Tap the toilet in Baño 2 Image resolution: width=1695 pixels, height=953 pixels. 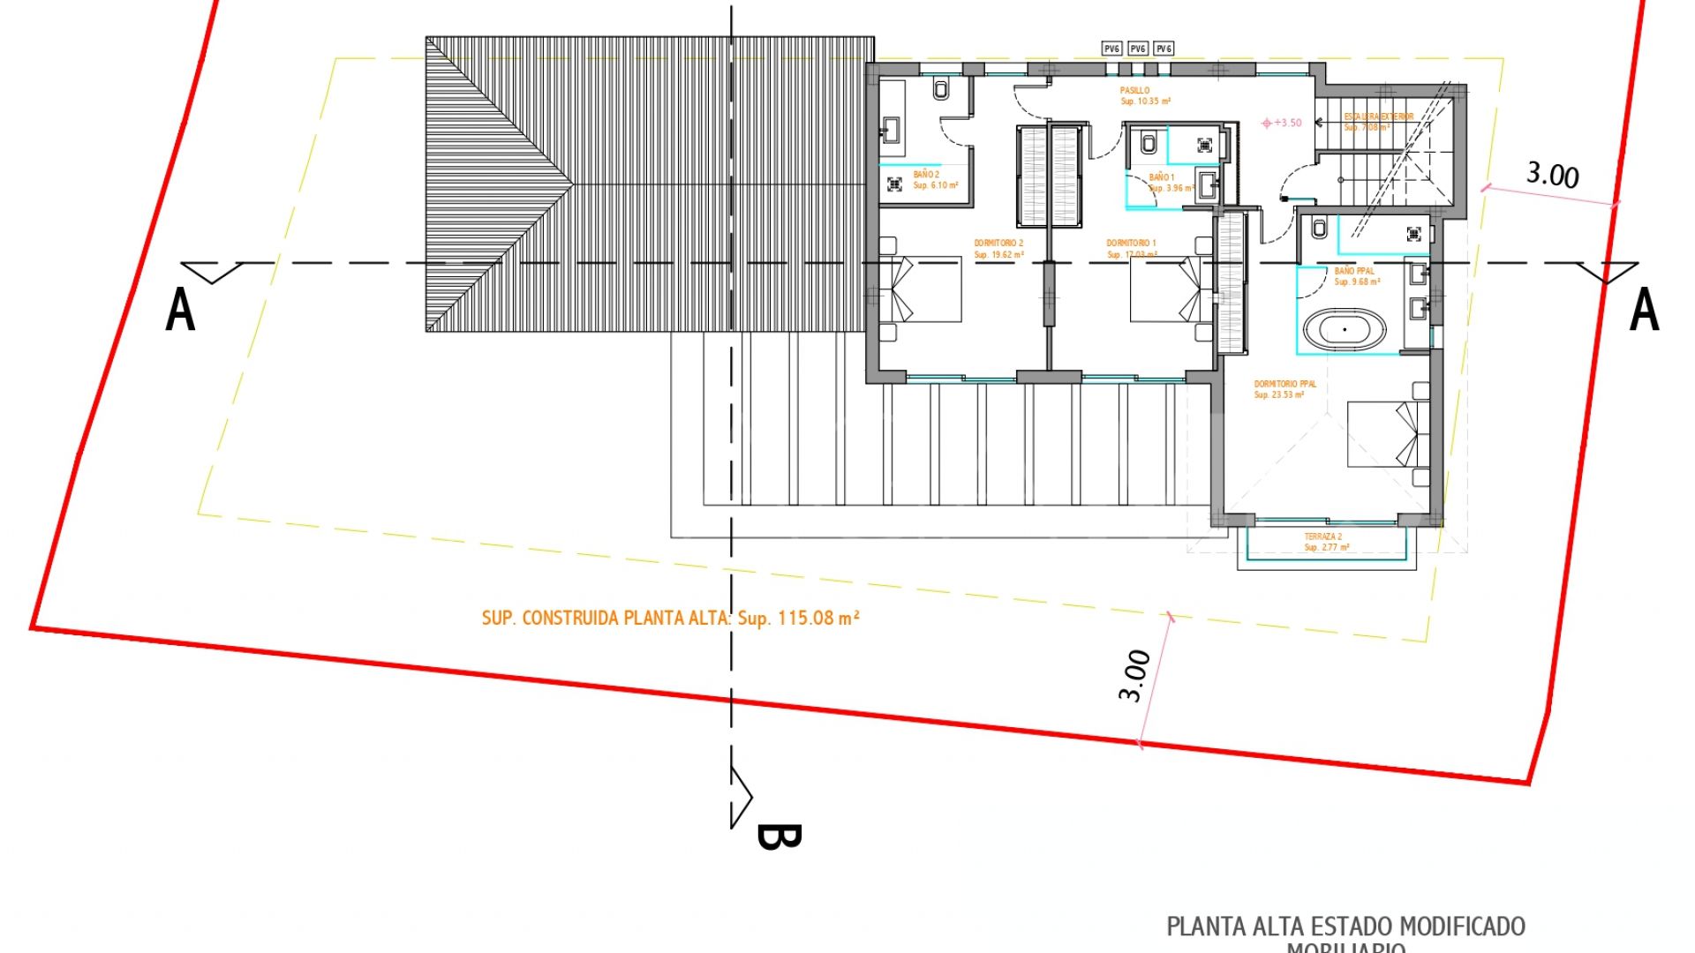click(x=941, y=89)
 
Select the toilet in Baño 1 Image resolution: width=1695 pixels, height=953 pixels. click(x=1149, y=142)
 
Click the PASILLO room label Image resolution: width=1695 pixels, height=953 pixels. click(x=1134, y=91)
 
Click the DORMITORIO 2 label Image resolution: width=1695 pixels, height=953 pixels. click(x=998, y=244)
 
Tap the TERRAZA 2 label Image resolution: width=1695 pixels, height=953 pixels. click(x=1322, y=537)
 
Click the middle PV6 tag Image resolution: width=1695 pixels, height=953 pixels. click(x=1138, y=49)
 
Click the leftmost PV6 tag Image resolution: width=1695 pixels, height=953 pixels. click(x=1111, y=49)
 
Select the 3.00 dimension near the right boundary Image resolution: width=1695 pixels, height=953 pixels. click(x=1553, y=175)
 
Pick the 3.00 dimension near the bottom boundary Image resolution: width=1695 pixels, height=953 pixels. click(x=1134, y=676)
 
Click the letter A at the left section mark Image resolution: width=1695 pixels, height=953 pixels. click(x=180, y=311)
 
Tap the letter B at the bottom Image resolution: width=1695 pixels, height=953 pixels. click(x=778, y=837)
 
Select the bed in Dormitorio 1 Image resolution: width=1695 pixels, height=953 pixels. click(x=1165, y=289)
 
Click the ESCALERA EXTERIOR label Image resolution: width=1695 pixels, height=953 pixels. click(x=1378, y=116)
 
